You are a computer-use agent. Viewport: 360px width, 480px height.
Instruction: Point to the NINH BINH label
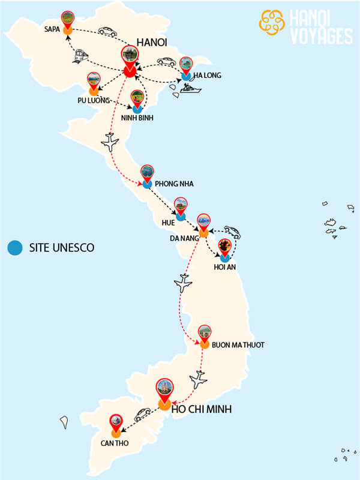pos(137,118)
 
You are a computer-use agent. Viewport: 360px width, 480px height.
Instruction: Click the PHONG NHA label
pos(174,184)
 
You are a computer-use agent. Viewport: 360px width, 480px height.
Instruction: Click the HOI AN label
pos(226,267)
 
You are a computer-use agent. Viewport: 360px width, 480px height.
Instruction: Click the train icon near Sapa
pos(81,56)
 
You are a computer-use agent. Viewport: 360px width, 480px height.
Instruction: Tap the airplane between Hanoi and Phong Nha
pos(110,142)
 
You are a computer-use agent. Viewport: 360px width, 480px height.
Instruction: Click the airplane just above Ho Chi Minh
pos(198,379)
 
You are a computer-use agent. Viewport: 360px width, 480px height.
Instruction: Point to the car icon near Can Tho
pos(142,414)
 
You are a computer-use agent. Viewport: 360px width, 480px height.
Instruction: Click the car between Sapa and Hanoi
pos(107,31)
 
